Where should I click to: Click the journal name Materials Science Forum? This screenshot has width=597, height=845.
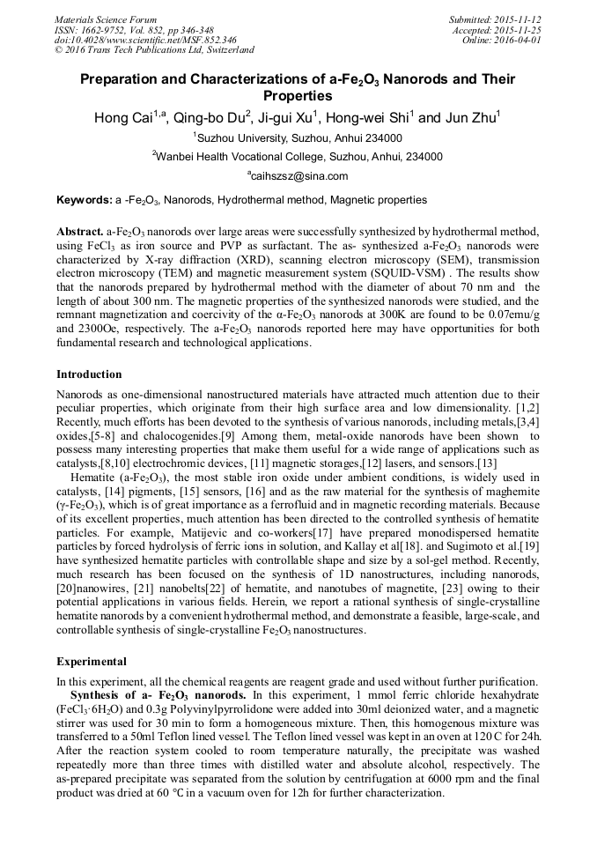[x=105, y=19]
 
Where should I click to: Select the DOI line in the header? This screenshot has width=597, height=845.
[x=144, y=40]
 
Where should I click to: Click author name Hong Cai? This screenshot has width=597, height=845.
[x=125, y=117]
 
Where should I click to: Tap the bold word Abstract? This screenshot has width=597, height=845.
[x=79, y=230]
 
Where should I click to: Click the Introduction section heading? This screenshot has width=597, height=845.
[x=89, y=374]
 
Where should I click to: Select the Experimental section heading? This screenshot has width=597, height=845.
[x=92, y=661]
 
